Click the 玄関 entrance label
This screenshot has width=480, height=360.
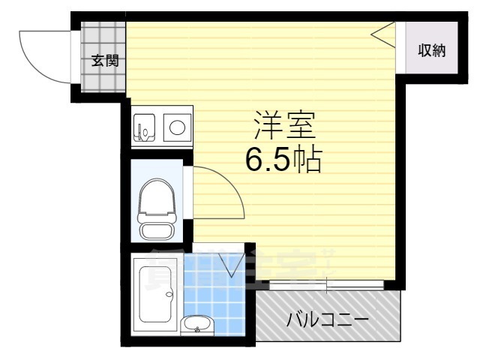click(x=104, y=61)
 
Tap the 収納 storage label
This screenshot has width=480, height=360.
click(x=432, y=50)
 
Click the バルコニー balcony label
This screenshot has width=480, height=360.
click(x=328, y=321)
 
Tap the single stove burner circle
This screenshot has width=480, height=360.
click(x=177, y=127)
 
